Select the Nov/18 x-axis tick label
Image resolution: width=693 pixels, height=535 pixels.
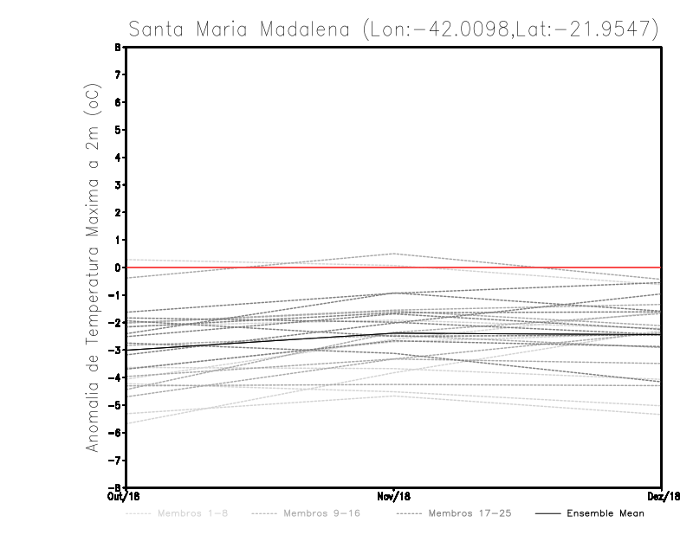(x=394, y=496)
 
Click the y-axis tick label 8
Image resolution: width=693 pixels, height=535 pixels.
(x=117, y=48)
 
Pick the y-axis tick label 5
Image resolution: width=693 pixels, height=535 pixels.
(x=117, y=130)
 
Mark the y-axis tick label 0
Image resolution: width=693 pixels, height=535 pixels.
(x=117, y=267)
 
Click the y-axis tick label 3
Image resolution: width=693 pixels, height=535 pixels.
(x=117, y=185)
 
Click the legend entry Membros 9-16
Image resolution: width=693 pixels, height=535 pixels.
(x=321, y=513)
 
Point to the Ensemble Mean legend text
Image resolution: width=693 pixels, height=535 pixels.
(x=606, y=513)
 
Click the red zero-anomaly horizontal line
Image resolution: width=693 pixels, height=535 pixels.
(x=520, y=267)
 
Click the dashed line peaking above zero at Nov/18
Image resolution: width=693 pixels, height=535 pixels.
(x=394, y=254)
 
